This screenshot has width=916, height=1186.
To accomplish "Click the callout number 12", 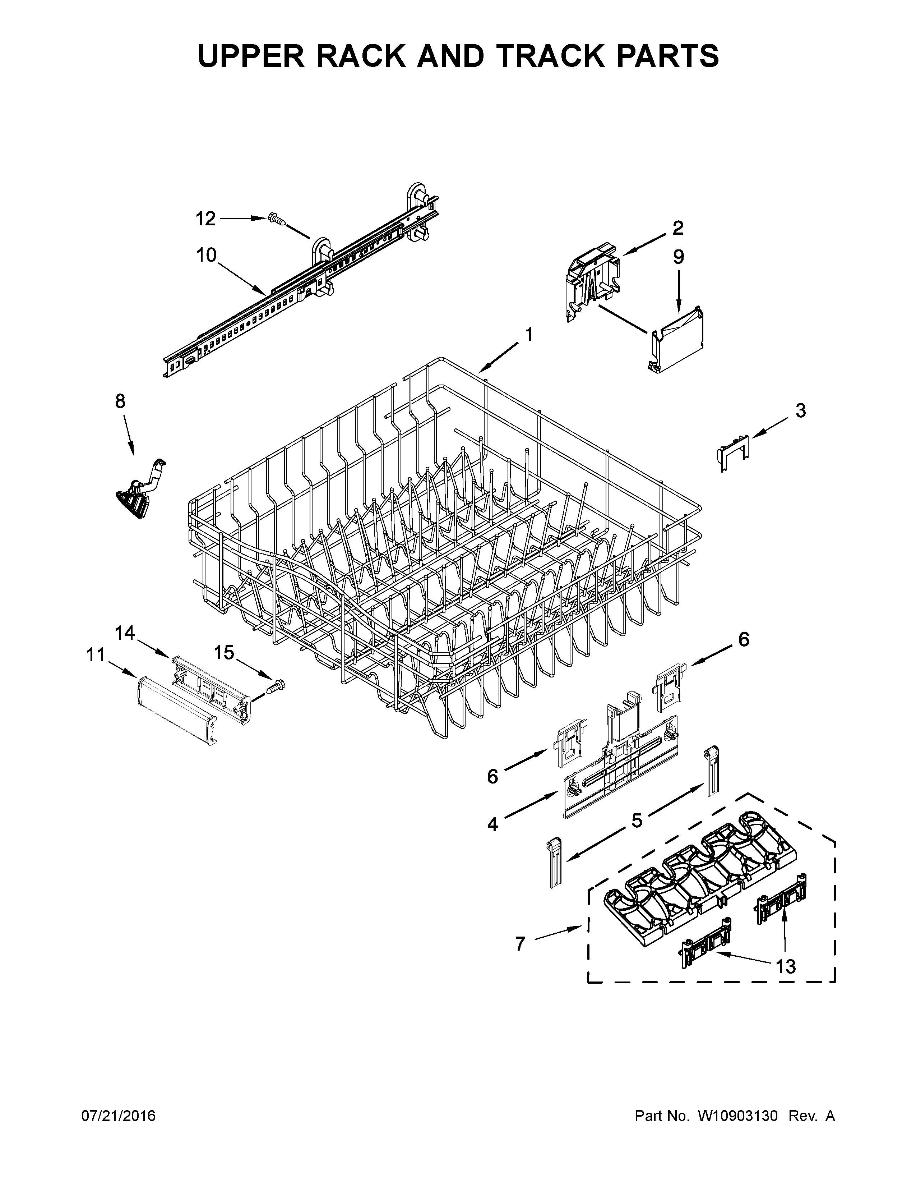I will [206, 219].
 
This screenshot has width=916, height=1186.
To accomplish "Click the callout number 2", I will [678, 228].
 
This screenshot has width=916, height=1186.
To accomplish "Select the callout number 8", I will [120, 401].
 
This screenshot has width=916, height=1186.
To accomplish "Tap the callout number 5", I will [637, 820].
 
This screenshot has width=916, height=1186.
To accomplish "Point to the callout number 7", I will [521, 944].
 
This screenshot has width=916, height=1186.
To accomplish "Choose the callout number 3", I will [800, 410].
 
